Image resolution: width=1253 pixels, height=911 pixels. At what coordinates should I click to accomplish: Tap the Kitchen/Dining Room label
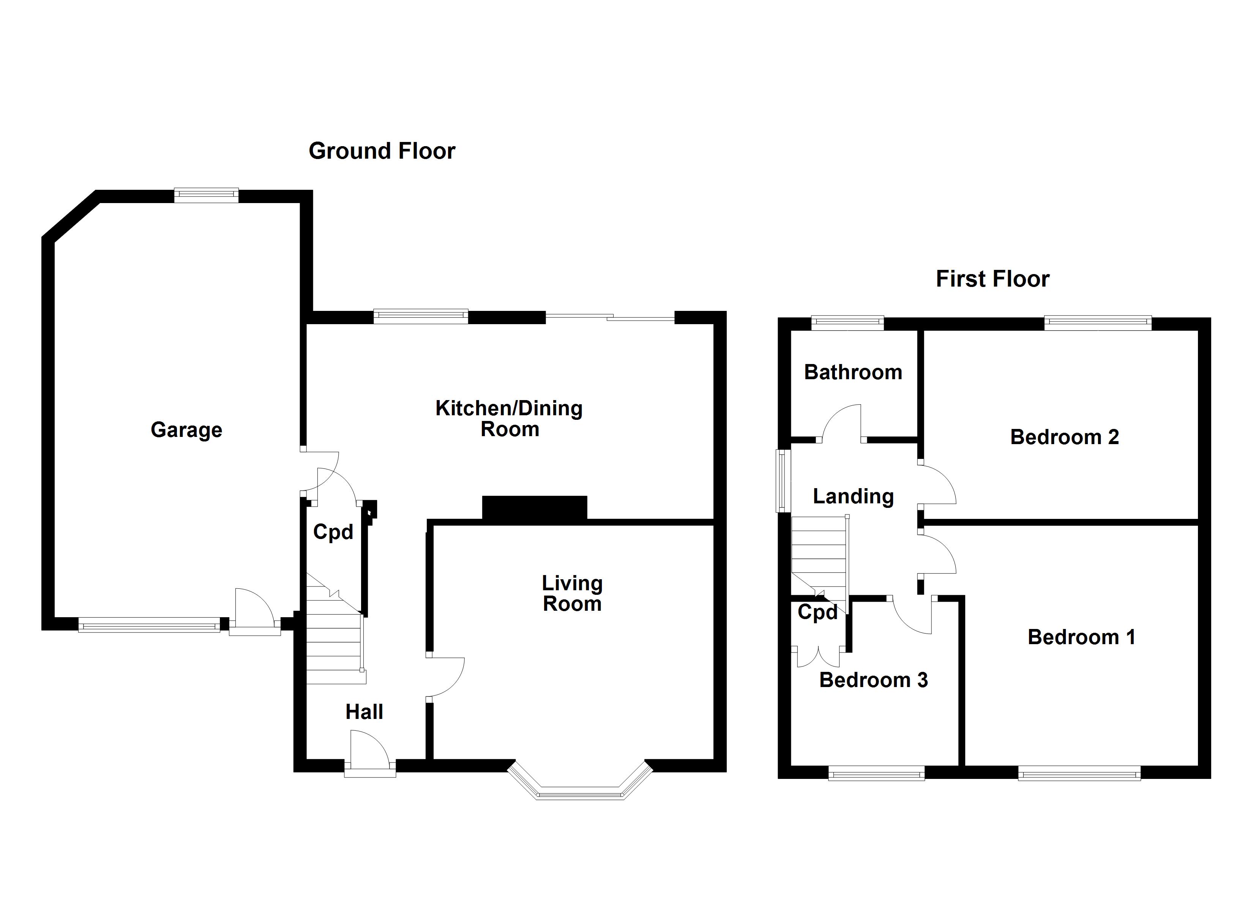click(509, 419)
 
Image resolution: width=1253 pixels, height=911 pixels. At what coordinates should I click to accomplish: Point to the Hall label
click(364, 712)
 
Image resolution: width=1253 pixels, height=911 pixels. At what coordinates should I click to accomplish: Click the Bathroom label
click(853, 372)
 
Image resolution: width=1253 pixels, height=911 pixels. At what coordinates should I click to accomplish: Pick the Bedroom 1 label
click(1081, 637)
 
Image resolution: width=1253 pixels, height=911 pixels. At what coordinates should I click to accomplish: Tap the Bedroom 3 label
click(873, 680)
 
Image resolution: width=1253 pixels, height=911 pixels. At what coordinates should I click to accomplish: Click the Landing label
click(853, 496)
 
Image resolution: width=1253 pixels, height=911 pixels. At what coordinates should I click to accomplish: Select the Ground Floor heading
click(382, 151)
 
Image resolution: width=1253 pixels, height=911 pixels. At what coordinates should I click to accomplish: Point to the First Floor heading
click(992, 279)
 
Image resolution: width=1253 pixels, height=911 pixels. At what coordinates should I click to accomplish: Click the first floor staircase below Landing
click(819, 558)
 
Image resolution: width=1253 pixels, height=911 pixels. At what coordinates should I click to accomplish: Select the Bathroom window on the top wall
click(847, 323)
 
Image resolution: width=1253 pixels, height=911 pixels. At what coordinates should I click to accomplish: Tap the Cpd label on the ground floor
click(333, 532)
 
